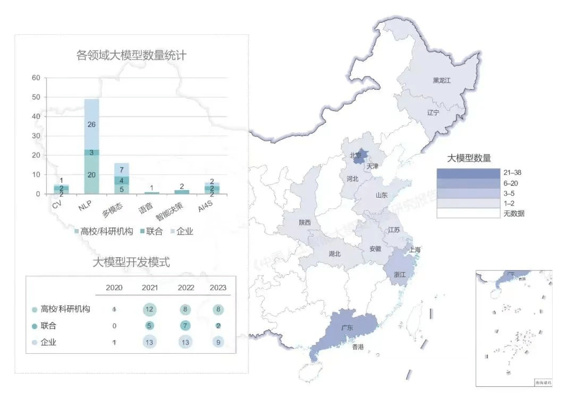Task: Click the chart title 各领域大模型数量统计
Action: point(131,55)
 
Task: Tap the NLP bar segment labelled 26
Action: point(91,124)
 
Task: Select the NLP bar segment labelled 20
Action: point(91,175)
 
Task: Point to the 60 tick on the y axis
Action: point(36,78)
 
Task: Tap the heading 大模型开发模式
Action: point(131,262)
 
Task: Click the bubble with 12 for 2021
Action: point(149,309)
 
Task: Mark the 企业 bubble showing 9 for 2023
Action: point(218,343)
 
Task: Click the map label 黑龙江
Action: point(441,81)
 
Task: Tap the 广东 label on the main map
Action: point(347,328)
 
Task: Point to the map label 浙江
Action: point(401,275)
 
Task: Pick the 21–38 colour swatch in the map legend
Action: point(468,173)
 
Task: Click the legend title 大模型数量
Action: point(468,158)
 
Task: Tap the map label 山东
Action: point(382,195)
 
